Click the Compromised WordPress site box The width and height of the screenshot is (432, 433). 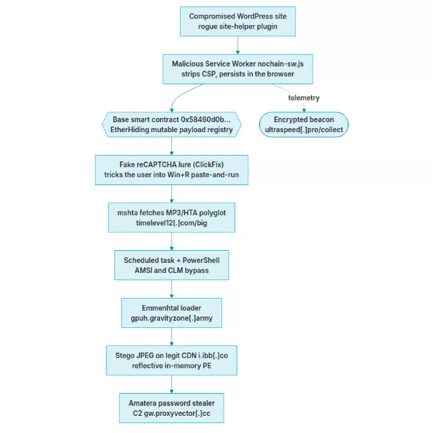(x=238, y=21)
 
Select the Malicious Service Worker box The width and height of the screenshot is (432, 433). (x=238, y=69)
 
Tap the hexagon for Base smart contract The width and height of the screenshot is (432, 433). (x=171, y=124)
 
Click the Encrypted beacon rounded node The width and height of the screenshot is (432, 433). (x=303, y=124)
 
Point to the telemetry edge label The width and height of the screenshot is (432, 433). (x=303, y=98)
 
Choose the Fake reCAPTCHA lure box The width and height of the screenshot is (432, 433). (x=171, y=170)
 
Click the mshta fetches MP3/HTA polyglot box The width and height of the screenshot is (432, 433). (x=171, y=218)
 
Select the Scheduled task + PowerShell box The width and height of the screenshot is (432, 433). (x=171, y=265)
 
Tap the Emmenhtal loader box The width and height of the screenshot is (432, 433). (x=171, y=313)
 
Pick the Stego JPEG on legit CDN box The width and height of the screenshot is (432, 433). (x=171, y=360)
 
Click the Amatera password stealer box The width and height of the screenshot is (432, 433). (x=171, y=408)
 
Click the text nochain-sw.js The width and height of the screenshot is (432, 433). (x=281, y=64)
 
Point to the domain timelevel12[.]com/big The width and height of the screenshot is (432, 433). (x=171, y=223)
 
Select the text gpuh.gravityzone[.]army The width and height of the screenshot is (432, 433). (x=171, y=318)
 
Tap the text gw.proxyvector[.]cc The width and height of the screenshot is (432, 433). (x=177, y=414)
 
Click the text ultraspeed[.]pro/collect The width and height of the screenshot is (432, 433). (x=303, y=129)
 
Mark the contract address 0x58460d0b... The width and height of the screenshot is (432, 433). (x=206, y=119)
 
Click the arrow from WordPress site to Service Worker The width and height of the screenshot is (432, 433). (x=238, y=45)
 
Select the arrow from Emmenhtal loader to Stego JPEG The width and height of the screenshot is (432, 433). (x=171, y=337)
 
